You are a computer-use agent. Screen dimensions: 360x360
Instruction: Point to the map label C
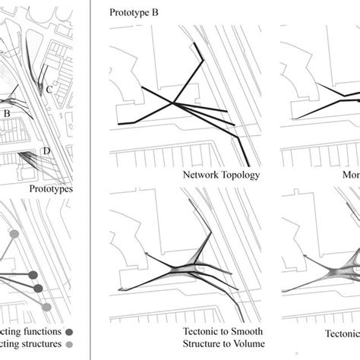pyautogui.click(x=49, y=88)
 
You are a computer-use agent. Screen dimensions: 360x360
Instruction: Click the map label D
pyautogui.click(x=46, y=151)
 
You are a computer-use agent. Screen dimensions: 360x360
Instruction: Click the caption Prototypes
pyautogui.click(x=51, y=188)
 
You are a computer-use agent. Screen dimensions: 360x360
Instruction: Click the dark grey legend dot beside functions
pyautogui.click(x=69, y=332)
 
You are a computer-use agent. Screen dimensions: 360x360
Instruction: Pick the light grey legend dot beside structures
pyautogui.click(x=69, y=346)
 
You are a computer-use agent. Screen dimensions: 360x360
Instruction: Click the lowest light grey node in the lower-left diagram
pyautogui.click(x=46, y=306)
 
